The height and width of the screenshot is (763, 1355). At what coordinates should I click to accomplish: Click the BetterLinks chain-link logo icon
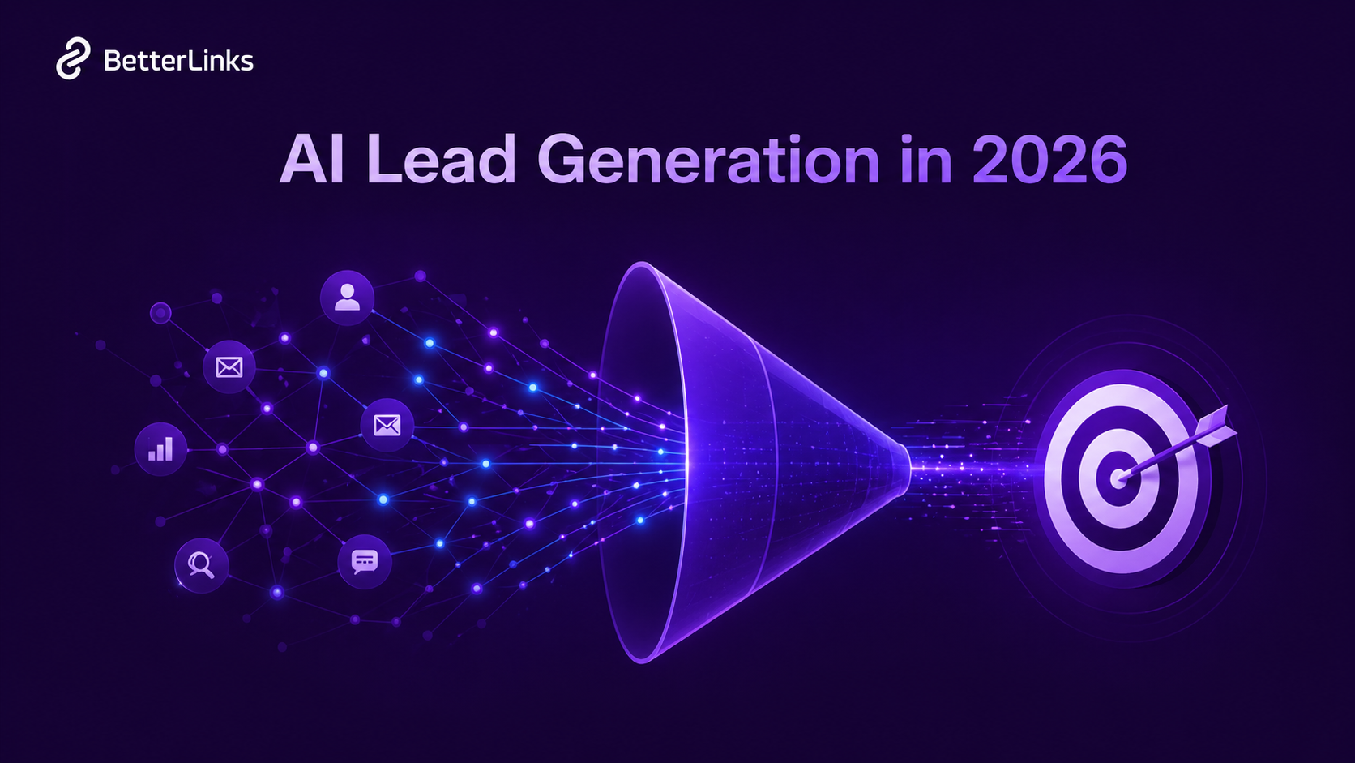[72, 59]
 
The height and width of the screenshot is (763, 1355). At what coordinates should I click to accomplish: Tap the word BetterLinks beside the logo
[178, 61]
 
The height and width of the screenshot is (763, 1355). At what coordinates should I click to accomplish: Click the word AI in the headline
[312, 160]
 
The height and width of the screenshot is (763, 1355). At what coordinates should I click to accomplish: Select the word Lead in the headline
[441, 160]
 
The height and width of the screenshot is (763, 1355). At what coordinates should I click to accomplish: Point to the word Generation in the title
[708, 160]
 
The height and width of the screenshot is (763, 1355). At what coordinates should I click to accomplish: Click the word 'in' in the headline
[925, 160]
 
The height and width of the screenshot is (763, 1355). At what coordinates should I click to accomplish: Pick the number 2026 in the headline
[1049, 160]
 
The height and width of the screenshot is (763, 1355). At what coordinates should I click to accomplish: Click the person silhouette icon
[347, 297]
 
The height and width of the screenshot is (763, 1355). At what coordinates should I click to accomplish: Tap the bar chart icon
[160, 448]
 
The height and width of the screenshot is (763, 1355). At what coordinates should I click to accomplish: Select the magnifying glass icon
[201, 564]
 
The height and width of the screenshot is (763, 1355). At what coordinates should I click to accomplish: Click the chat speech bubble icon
[365, 561]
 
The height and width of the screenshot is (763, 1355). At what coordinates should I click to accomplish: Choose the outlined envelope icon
[229, 367]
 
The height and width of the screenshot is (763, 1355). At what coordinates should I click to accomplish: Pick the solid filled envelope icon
[387, 425]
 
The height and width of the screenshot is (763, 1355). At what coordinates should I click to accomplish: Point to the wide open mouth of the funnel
[640, 462]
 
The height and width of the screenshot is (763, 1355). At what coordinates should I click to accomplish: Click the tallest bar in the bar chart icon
[169, 448]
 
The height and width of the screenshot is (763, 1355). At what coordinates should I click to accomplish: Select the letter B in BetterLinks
[113, 61]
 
